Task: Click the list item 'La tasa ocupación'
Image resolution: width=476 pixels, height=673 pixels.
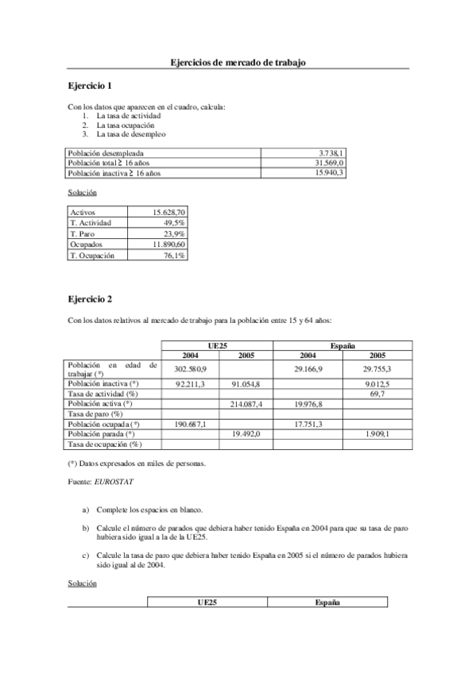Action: (126, 125)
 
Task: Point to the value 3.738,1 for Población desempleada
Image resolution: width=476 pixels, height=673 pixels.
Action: (331, 152)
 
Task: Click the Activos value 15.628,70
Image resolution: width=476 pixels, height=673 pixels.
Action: (168, 213)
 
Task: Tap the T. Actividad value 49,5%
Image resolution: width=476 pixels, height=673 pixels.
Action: (174, 223)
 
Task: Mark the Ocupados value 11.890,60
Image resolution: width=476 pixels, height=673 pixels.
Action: (168, 245)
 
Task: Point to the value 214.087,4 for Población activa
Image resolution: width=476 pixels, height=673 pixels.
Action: (246, 404)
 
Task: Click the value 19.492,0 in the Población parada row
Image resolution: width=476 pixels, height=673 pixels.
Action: (246, 434)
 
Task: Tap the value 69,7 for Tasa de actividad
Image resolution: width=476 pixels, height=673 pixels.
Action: (378, 394)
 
